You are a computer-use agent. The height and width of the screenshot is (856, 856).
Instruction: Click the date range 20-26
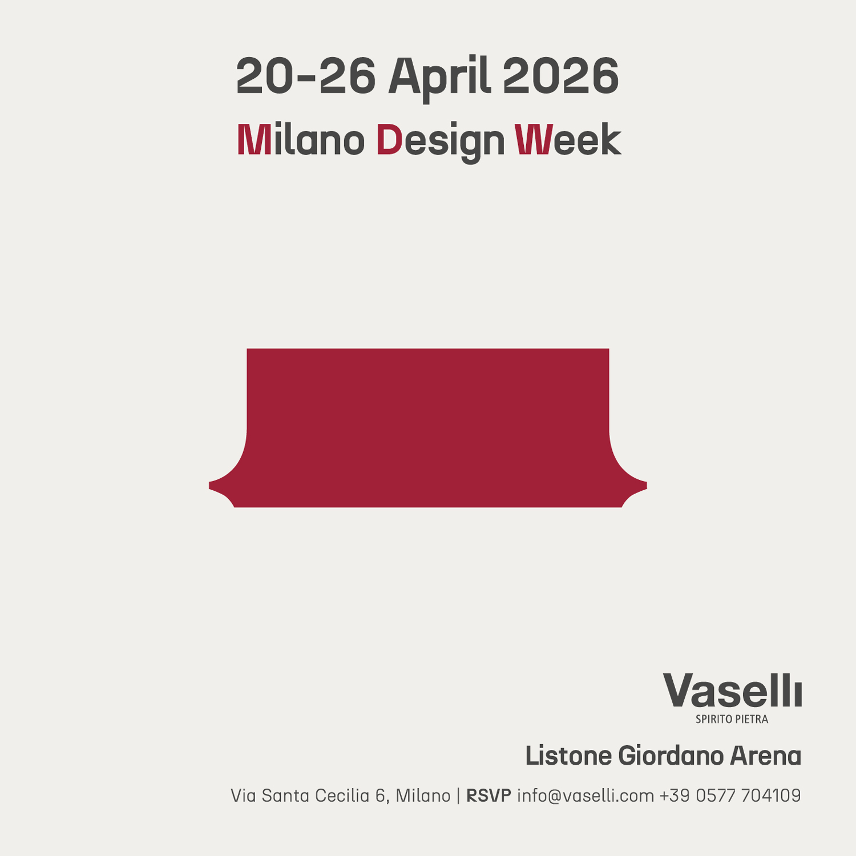click(305, 76)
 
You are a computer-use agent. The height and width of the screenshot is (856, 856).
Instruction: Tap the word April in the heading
click(439, 76)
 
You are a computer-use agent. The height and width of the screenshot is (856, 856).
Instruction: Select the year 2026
click(560, 76)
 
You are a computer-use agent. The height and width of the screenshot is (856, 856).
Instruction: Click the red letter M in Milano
click(254, 140)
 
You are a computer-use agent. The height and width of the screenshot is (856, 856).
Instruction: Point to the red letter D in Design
click(390, 140)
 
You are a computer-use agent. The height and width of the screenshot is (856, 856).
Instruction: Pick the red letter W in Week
click(533, 140)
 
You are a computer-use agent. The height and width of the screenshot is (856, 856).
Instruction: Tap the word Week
click(567, 140)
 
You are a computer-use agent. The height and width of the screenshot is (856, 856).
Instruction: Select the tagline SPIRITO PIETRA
click(732, 719)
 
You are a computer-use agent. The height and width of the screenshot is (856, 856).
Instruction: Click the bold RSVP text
click(488, 796)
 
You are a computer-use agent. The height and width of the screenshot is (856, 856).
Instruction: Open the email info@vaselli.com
click(586, 796)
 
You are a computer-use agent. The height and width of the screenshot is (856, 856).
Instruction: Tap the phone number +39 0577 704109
click(730, 796)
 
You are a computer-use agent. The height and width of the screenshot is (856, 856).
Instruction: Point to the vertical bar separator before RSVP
click(458, 796)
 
